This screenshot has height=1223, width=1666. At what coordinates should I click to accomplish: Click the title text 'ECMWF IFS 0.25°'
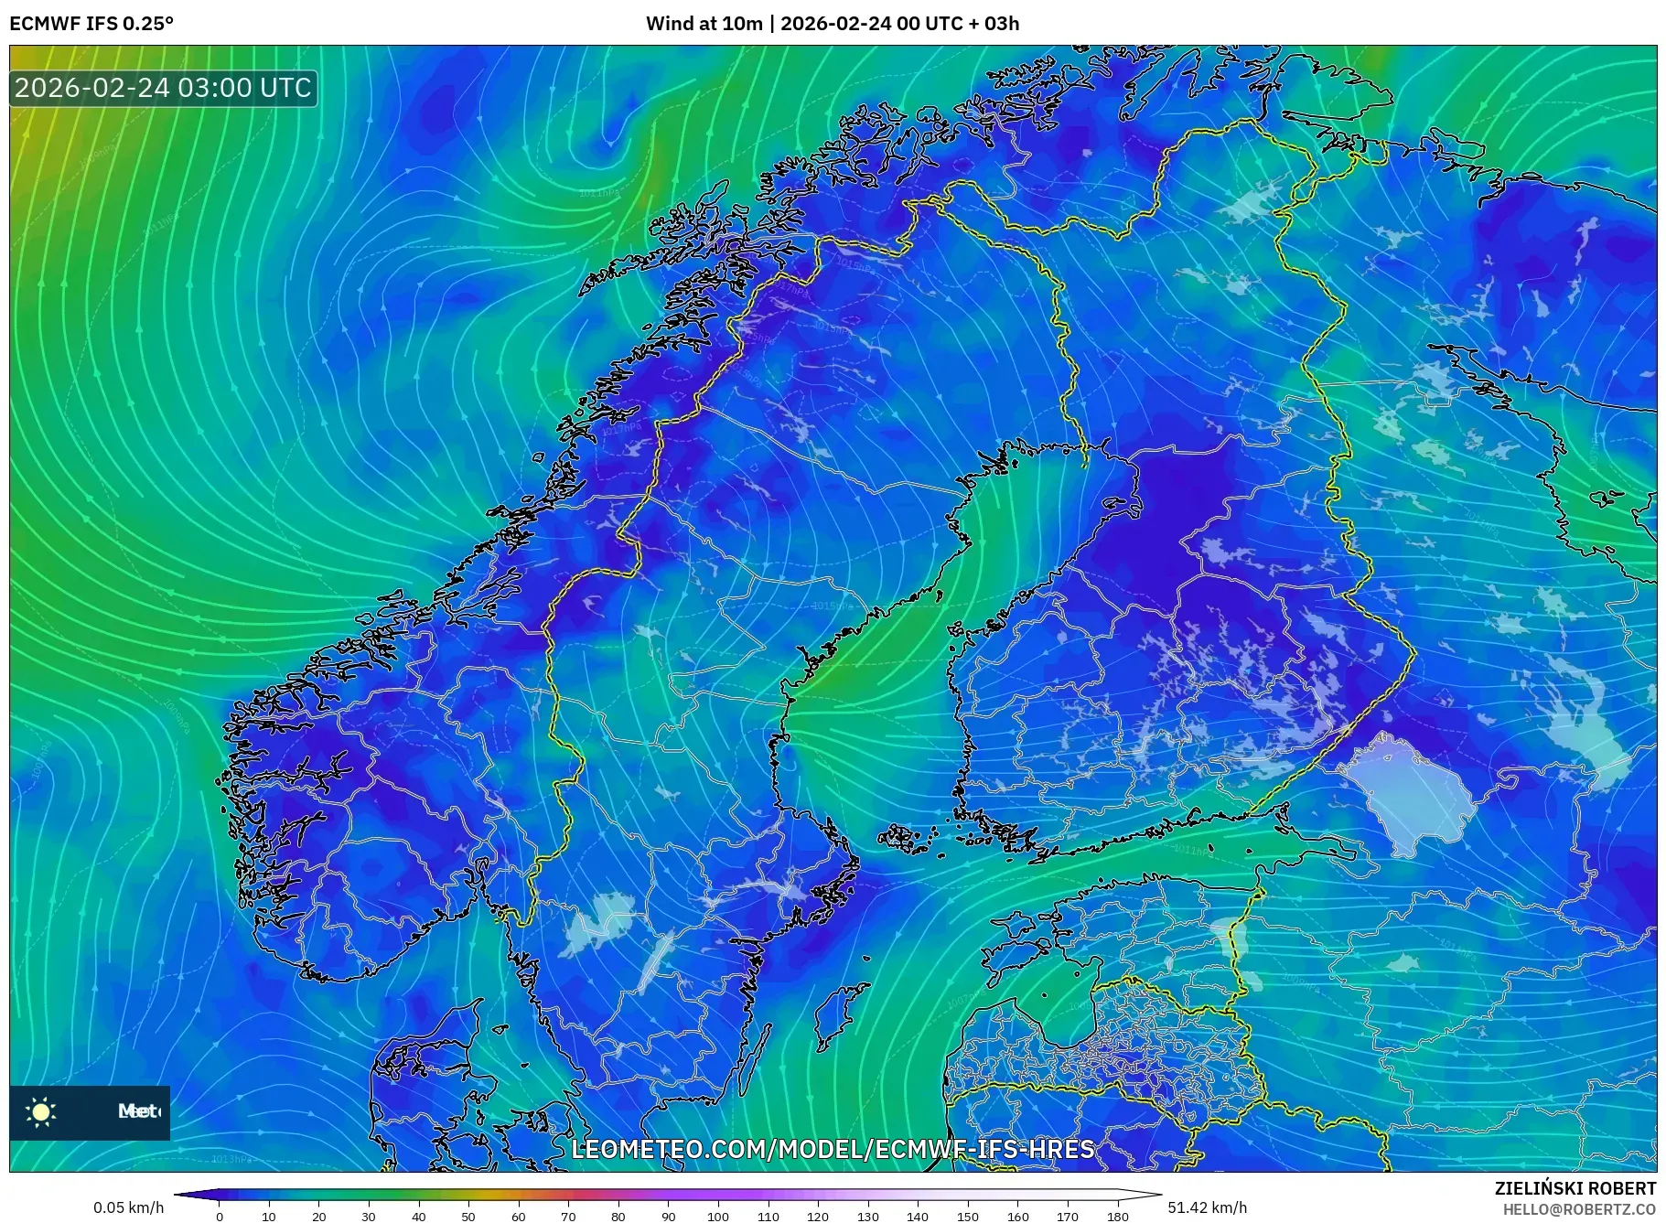(x=91, y=24)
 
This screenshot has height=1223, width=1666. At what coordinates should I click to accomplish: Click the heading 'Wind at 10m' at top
(x=704, y=24)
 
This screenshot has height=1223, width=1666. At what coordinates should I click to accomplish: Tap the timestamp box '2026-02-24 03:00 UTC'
(x=164, y=89)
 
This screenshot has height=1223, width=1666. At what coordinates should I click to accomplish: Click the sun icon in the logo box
(x=41, y=1111)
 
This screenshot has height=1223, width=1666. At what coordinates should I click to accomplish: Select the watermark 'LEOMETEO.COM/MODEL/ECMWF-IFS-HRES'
(x=833, y=1149)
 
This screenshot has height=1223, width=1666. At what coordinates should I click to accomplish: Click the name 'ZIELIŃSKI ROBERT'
(x=1575, y=1188)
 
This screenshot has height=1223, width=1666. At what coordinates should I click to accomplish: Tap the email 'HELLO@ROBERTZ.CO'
(x=1579, y=1209)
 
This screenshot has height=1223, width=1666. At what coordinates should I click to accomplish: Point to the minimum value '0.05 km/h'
(x=129, y=1207)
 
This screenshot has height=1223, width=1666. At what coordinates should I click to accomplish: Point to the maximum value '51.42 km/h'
(x=1207, y=1207)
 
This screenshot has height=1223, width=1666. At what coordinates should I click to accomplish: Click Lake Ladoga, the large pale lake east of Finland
(x=1409, y=791)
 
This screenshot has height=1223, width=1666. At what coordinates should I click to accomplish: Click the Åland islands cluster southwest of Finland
(x=906, y=837)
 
